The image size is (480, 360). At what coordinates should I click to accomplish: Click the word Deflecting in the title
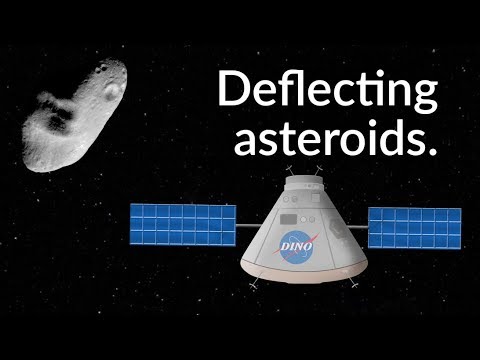tap(327, 92)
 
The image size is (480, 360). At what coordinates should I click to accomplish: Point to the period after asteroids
tap(432, 150)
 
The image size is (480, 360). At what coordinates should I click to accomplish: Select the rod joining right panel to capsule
tap(357, 226)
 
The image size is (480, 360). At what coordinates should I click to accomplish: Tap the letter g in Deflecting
tap(423, 97)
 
